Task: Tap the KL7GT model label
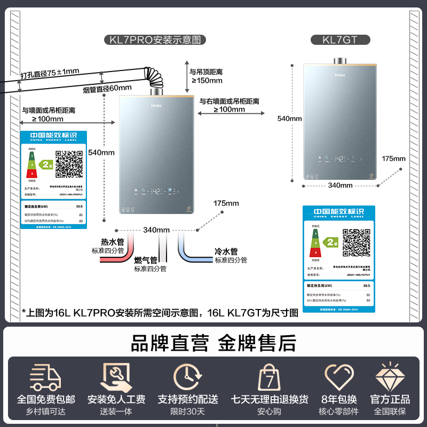pyautogui.click(x=340, y=39)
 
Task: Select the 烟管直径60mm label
pyautogui.click(x=107, y=88)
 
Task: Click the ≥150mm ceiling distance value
pyautogui.click(x=207, y=81)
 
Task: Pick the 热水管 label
pyautogui.click(x=112, y=242)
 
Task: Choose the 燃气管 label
pyautogui.click(x=146, y=260)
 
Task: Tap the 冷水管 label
pyautogui.click(x=226, y=251)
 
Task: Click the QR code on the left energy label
pyautogui.click(x=69, y=164)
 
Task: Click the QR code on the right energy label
pyautogui.click(x=356, y=242)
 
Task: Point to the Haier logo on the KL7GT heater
pyautogui.click(x=340, y=75)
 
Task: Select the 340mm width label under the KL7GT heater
pyautogui.click(x=340, y=185)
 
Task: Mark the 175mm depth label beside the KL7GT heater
pyautogui.click(x=394, y=159)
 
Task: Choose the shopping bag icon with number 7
pyautogui.click(x=270, y=377)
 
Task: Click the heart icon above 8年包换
pyautogui.click(x=339, y=377)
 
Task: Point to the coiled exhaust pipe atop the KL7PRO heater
pyautogui.click(x=155, y=81)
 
